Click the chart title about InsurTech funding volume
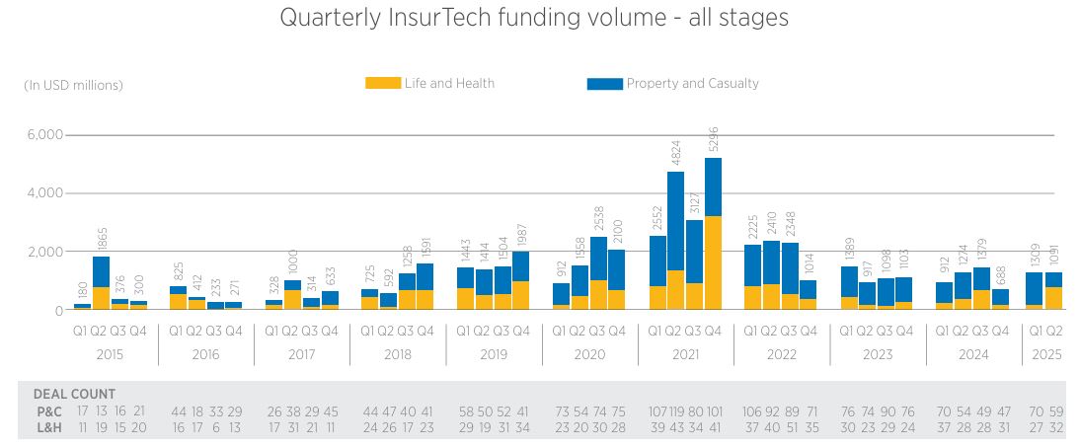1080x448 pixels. (x=534, y=18)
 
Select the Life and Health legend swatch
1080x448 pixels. (x=383, y=84)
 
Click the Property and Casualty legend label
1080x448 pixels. (x=692, y=84)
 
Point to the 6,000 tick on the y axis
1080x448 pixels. (x=44, y=135)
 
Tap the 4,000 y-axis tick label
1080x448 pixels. (x=44, y=193)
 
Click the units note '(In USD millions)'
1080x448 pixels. (x=74, y=86)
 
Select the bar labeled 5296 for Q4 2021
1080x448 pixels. (x=713, y=237)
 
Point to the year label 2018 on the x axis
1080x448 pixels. (x=397, y=354)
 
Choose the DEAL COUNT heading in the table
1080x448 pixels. (x=74, y=394)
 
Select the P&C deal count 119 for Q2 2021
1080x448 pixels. (x=675, y=411)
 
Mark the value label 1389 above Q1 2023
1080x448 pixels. (x=850, y=252)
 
